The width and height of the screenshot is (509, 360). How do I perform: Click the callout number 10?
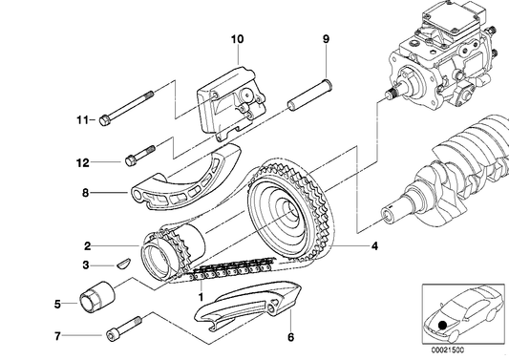[x=237, y=39]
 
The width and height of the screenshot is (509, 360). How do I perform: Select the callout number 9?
[x=326, y=39]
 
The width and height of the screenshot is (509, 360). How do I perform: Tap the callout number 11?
[x=82, y=120]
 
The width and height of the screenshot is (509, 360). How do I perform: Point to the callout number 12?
[x=83, y=162]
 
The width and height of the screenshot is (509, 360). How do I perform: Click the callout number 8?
[x=85, y=193]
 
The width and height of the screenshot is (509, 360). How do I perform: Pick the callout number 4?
[x=374, y=246]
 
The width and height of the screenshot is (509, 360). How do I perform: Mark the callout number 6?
[x=290, y=337]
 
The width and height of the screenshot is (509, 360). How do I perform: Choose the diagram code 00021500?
[x=448, y=349]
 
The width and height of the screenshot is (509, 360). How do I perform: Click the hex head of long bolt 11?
[x=104, y=120]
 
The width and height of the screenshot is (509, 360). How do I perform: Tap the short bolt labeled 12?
[x=140, y=155]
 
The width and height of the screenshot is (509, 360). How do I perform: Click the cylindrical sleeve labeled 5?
[x=97, y=298]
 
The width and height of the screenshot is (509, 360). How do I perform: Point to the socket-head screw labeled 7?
[x=124, y=327]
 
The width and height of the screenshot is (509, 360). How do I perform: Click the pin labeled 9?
[x=309, y=95]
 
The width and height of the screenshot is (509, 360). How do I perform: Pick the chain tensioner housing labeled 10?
[x=231, y=103]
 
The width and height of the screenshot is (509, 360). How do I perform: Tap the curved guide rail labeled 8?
[x=186, y=179]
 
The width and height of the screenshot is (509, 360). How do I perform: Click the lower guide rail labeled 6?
[x=248, y=305]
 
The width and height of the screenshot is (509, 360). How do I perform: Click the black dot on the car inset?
[x=442, y=325]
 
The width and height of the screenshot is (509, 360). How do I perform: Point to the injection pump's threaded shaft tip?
[x=390, y=94]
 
